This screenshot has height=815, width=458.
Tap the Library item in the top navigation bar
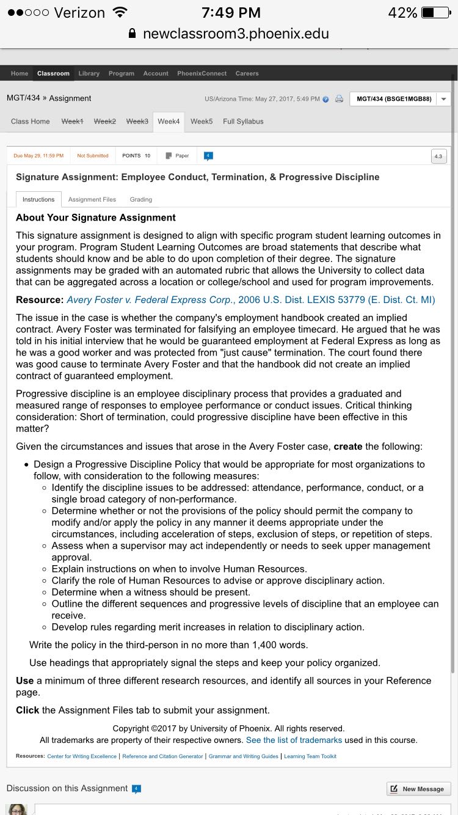point(89,73)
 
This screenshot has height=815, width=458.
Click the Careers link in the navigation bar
point(247,73)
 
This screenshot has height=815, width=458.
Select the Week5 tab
point(202,122)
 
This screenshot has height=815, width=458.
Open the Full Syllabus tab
point(243,122)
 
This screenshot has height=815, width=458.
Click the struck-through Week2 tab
point(104,122)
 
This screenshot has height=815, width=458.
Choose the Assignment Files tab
point(92,199)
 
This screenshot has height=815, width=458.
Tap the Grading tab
point(141,199)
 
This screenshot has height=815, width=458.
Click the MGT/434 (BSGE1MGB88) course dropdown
point(400,99)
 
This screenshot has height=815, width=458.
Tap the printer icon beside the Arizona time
point(340,99)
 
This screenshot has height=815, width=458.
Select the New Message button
point(418,789)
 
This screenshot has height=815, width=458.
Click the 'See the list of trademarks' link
point(294,740)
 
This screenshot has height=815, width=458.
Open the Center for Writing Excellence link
point(82,756)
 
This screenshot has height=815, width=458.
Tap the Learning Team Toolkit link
point(310,756)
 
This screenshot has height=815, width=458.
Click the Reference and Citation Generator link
point(162,756)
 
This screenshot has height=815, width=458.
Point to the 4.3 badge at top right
point(438,156)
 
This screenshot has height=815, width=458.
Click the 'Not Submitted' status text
point(93,156)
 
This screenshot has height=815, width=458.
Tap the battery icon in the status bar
point(435,13)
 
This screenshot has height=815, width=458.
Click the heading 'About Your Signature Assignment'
point(96,217)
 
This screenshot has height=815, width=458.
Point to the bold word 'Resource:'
point(40,300)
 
